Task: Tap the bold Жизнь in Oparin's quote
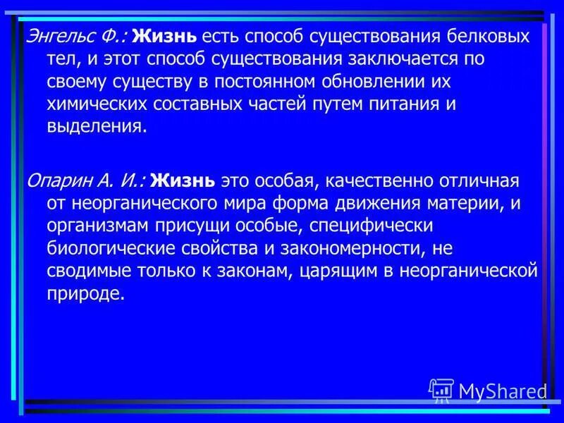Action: click(x=183, y=181)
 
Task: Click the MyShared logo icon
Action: click(x=441, y=390)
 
